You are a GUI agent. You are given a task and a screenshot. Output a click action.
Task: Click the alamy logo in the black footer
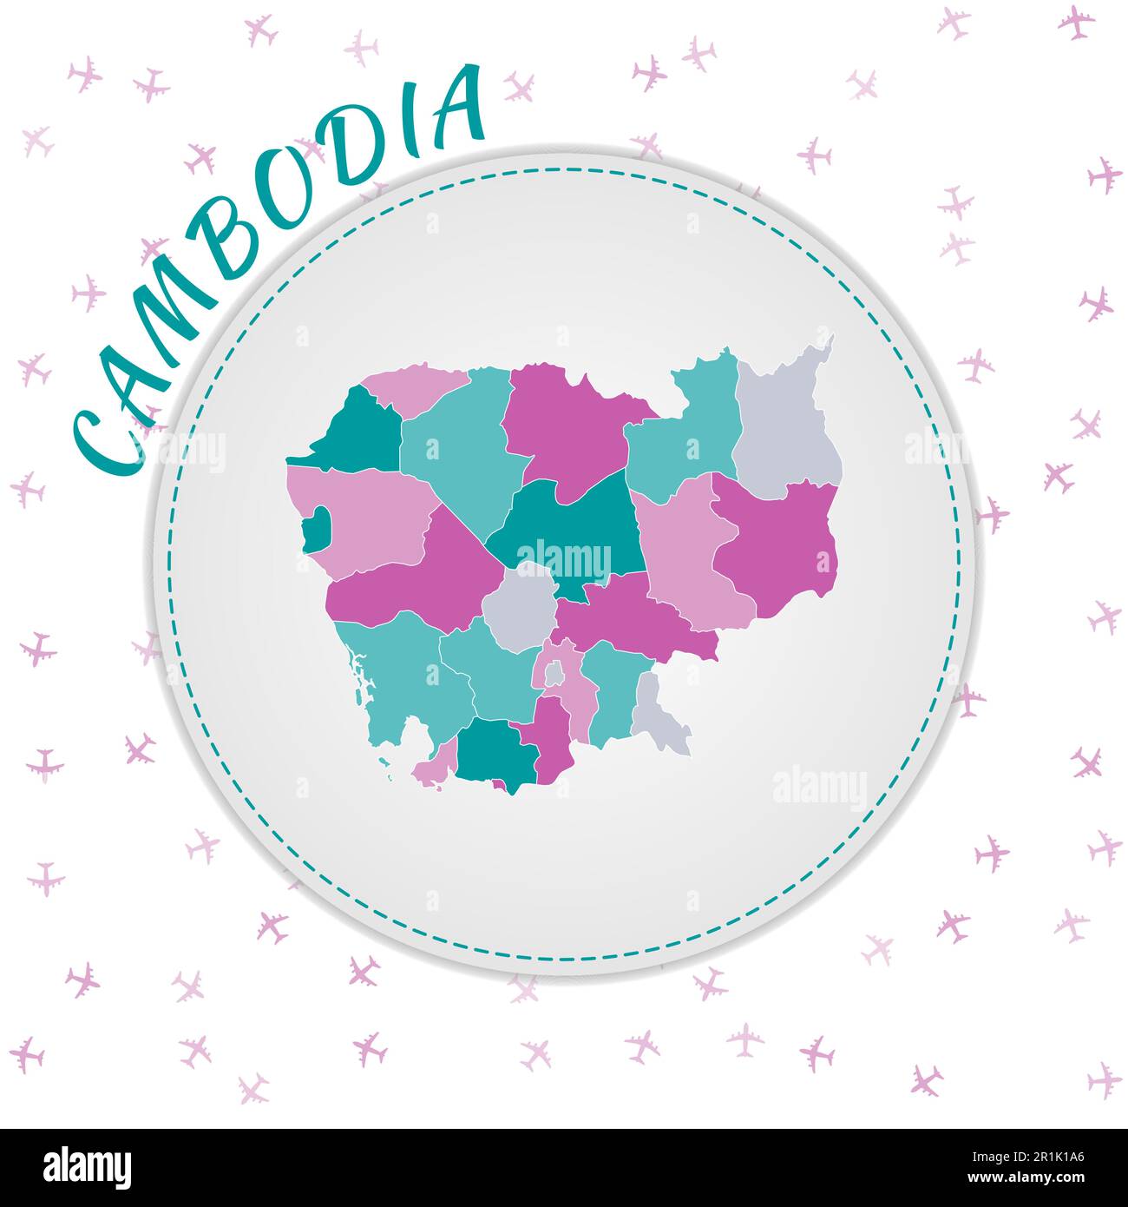[x=87, y=1167]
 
